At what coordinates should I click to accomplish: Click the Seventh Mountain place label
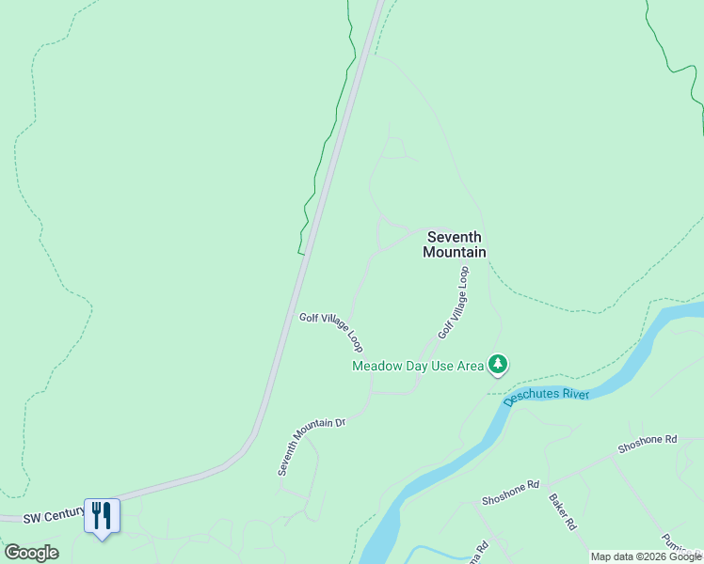coord(455,244)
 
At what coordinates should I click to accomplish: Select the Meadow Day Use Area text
coord(417,366)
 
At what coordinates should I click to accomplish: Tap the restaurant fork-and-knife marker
coord(102,516)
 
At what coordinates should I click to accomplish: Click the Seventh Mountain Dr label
coord(312,446)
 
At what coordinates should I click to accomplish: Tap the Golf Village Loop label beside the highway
coord(331,332)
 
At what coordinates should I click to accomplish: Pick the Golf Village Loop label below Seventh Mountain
coord(453,303)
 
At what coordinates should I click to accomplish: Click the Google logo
coord(31,553)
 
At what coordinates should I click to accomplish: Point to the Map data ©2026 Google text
coord(646,556)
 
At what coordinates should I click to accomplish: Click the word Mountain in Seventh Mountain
coord(455,252)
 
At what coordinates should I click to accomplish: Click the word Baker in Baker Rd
coord(558,508)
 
